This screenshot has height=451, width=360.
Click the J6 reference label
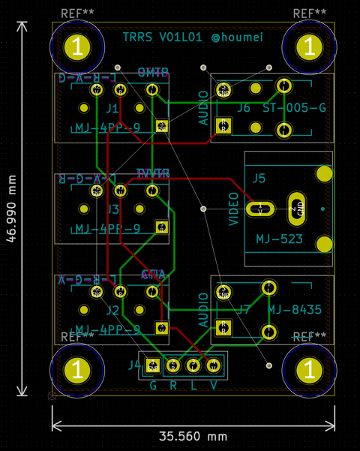click(244, 108)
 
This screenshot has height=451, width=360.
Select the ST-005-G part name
click(295, 108)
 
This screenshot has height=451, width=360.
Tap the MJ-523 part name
click(279, 239)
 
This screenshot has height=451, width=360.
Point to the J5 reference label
click(259, 179)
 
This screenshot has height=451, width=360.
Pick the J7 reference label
click(244, 309)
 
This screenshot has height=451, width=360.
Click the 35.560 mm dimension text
click(193, 436)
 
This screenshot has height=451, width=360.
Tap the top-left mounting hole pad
click(77, 47)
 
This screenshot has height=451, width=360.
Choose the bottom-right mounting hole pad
click(308, 370)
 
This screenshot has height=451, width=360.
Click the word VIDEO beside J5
click(233, 209)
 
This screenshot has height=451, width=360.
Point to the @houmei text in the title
click(237, 37)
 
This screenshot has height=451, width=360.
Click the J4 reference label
click(134, 365)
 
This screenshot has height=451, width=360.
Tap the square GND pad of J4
click(152, 365)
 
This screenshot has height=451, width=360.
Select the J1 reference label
click(112, 108)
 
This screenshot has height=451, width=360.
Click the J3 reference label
click(114, 209)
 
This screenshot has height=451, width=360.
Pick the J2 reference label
click(112, 309)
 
